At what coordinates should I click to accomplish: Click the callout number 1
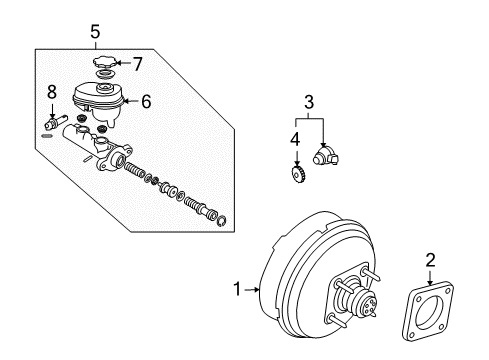coord(237,290)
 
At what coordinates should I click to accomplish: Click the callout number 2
coord(431,261)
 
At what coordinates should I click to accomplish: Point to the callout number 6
coord(145,101)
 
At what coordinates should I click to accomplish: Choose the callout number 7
coord(138,64)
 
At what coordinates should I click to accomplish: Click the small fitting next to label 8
coord(53,125)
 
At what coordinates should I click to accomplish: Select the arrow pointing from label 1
coord(251,290)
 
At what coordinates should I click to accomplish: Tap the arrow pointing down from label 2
coord(431,281)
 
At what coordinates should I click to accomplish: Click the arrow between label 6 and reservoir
coord(130,101)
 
